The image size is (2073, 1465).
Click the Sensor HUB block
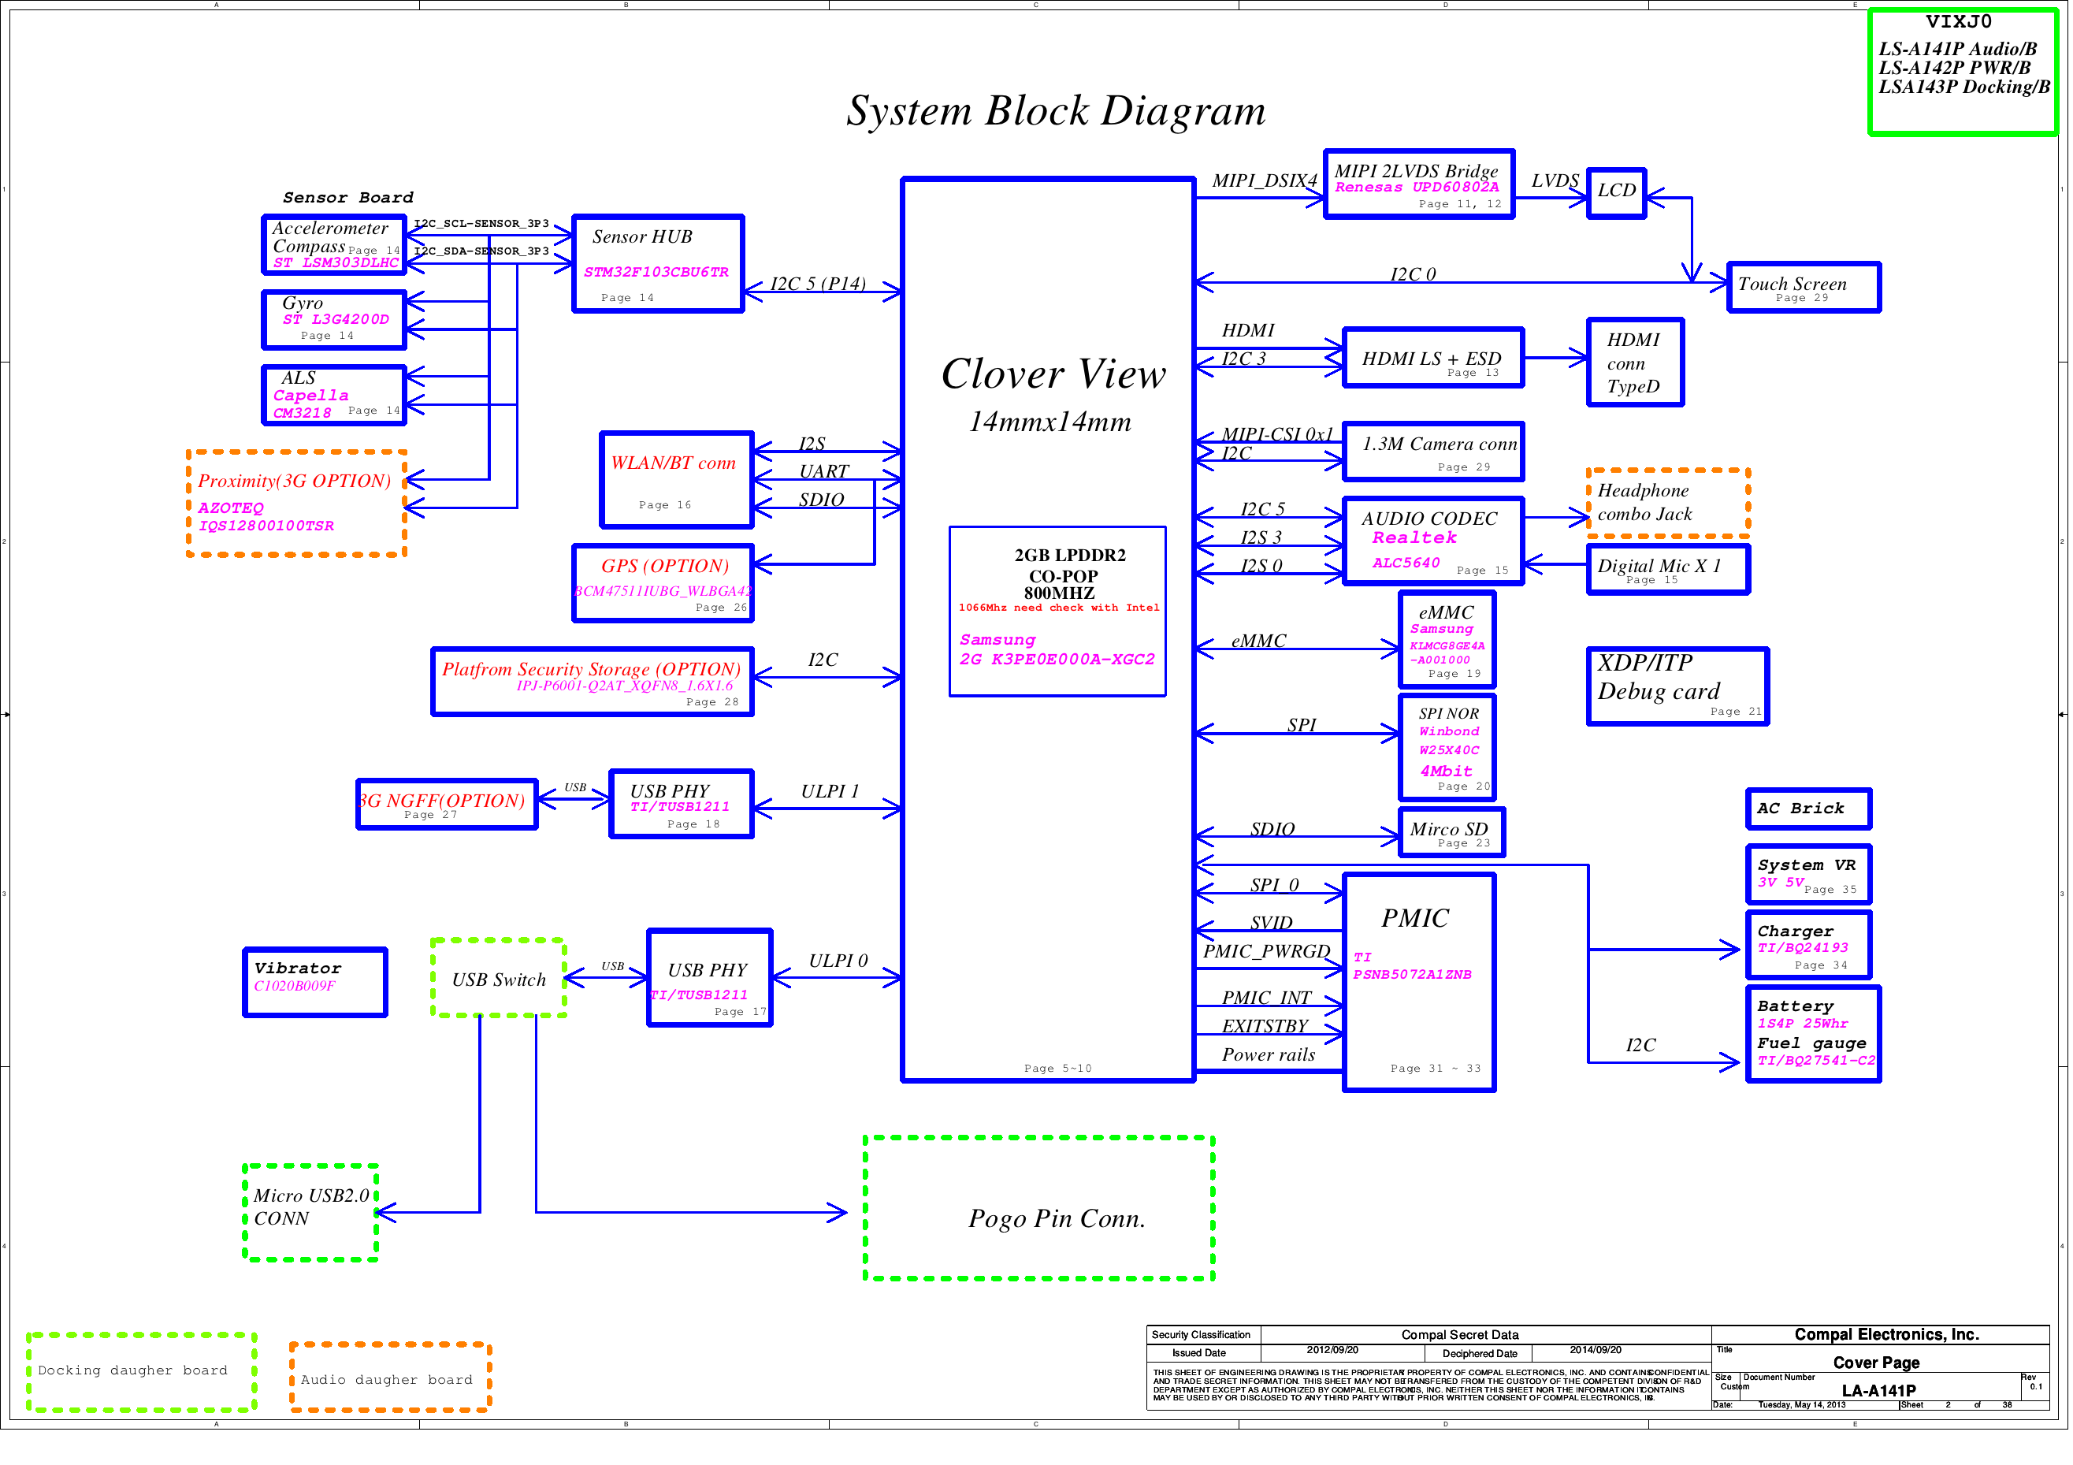(x=658, y=264)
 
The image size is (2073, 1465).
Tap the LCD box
(x=1616, y=192)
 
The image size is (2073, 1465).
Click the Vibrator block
(x=315, y=982)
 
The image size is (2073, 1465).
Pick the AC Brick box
(x=1808, y=809)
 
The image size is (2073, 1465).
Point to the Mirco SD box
(x=1451, y=833)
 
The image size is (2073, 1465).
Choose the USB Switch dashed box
(x=499, y=979)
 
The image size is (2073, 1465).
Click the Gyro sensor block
(x=334, y=319)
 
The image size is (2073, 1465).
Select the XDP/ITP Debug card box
(x=1677, y=686)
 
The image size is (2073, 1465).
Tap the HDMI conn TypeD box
(x=1635, y=363)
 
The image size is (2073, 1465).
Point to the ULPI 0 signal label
(x=838, y=961)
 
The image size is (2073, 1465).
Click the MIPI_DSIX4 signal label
(x=1263, y=180)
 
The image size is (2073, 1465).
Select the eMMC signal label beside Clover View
(x=1258, y=641)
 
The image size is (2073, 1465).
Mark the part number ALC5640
(x=1406, y=563)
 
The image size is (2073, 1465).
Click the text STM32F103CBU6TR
(x=656, y=272)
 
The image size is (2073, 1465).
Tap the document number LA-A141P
(x=1878, y=1391)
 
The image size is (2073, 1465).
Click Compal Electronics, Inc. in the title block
(x=1886, y=1334)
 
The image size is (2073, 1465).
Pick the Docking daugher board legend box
(x=142, y=1371)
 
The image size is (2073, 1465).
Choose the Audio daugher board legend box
(x=389, y=1378)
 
